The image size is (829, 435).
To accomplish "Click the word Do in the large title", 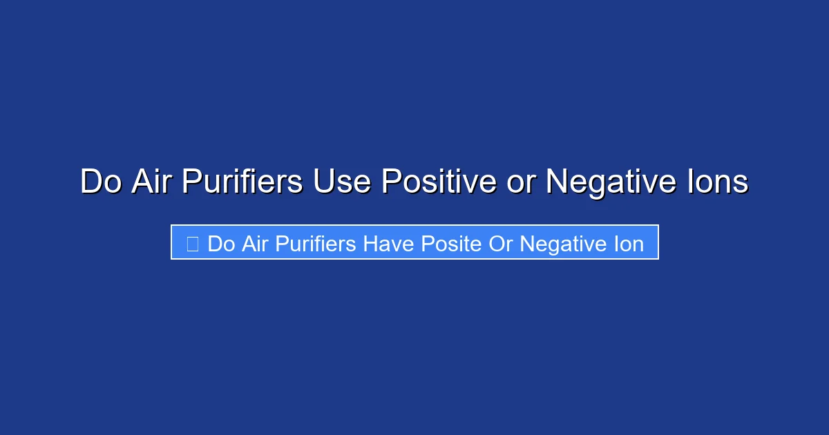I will coord(101,182).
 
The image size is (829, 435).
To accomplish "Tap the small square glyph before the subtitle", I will coord(193,244).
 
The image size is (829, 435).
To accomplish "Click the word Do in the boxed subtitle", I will coord(221,244).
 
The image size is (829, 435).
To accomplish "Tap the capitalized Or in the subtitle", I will coord(501,244).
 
